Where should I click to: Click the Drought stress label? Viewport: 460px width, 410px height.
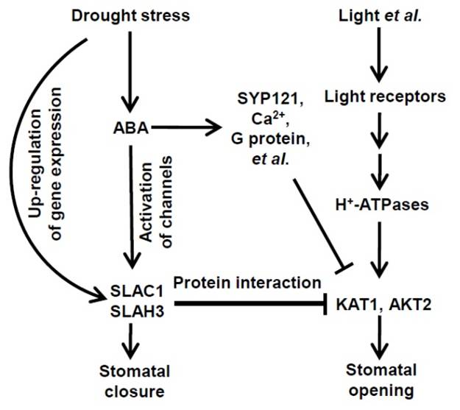[x=130, y=15]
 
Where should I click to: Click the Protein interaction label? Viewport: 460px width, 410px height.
[x=247, y=283]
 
